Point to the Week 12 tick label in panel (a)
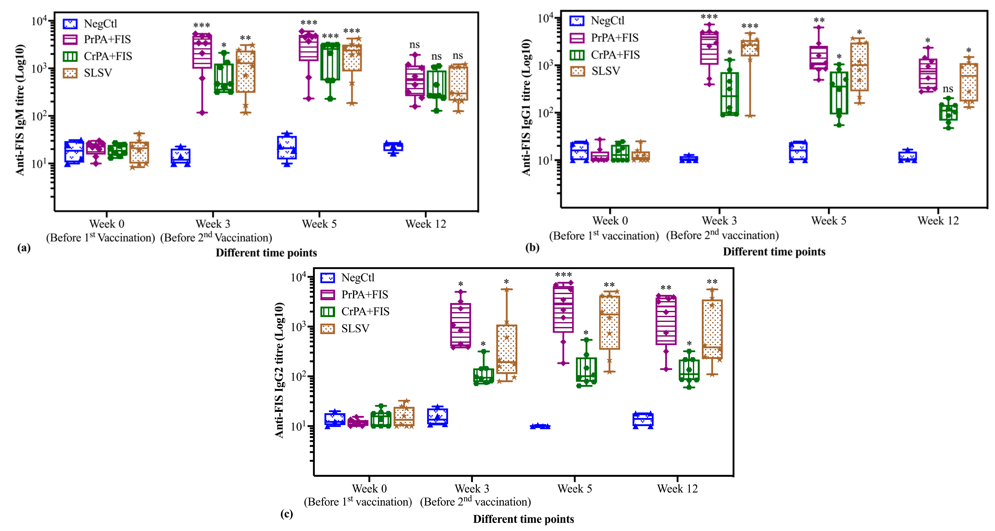click(x=425, y=224)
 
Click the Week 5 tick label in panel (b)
click(x=829, y=221)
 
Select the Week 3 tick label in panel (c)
click(x=472, y=488)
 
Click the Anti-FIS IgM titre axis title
click(x=20, y=110)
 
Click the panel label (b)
click(x=532, y=247)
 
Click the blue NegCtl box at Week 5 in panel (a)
click(x=287, y=148)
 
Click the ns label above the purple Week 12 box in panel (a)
click(x=414, y=45)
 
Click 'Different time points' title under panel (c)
click(x=523, y=519)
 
